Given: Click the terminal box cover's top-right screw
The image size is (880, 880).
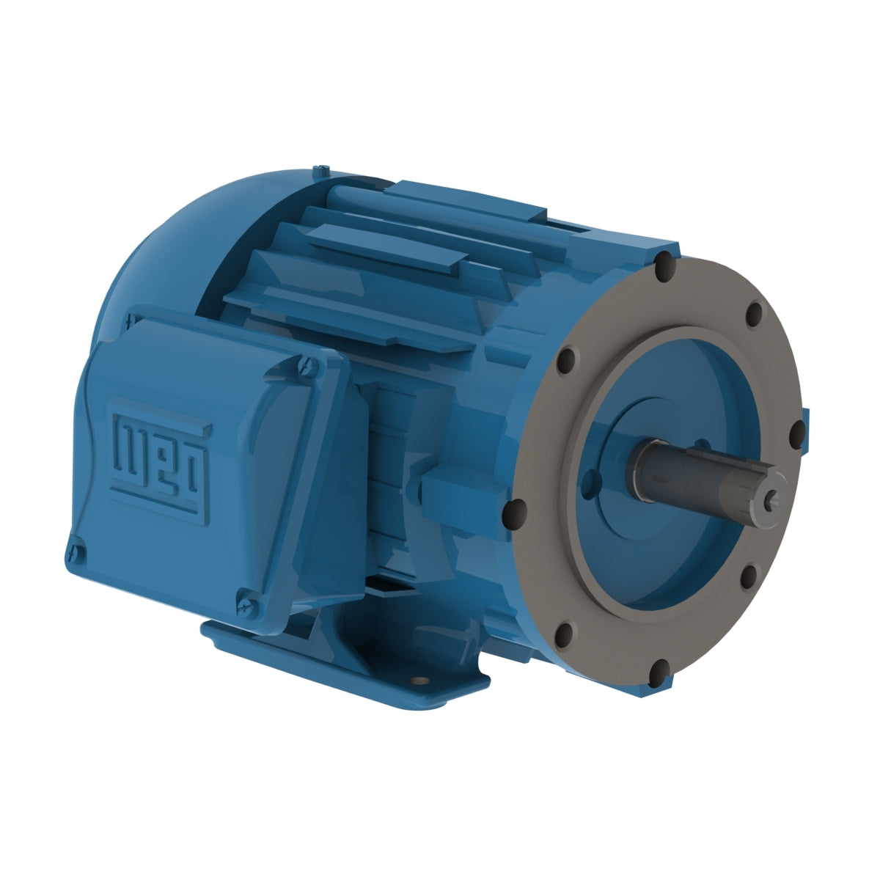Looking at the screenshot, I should click(307, 362).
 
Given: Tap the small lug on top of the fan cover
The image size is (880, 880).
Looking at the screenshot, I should click(320, 171).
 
